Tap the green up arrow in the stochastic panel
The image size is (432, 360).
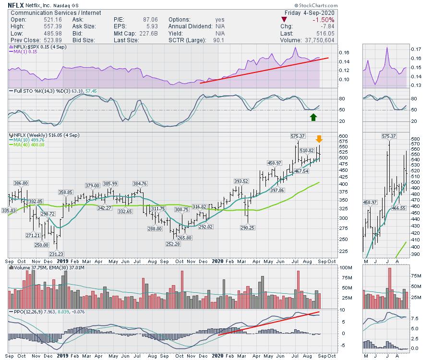pyautogui.click(x=313, y=117)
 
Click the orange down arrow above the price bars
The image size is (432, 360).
pyautogui.click(x=319, y=139)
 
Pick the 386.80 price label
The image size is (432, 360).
pyautogui.click(x=21, y=183)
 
